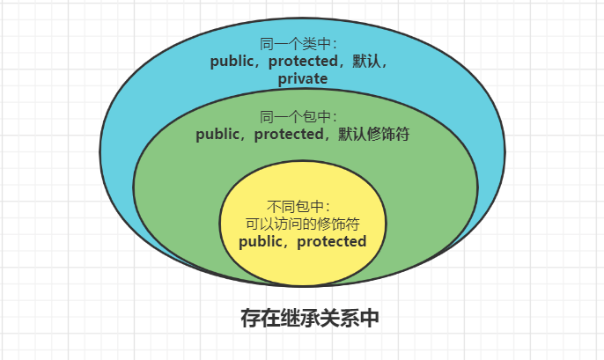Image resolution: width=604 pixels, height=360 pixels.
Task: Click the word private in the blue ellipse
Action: click(x=303, y=79)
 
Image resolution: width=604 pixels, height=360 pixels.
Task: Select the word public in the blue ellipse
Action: click(x=231, y=62)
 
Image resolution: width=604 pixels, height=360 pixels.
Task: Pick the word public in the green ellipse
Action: click(x=217, y=135)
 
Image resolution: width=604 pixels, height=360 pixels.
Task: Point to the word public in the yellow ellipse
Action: click(x=261, y=241)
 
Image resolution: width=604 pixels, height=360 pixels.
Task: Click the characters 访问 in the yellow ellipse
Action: click(x=291, y=224)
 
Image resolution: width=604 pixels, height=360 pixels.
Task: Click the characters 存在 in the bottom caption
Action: click(x=253, y=318)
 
